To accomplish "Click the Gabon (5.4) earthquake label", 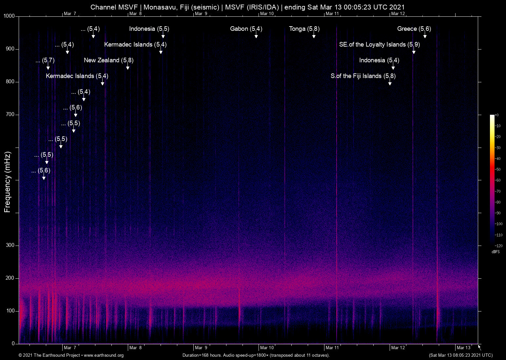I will coord(246,29).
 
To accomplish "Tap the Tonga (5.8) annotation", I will coord(304,29).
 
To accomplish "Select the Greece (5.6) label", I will coord(414,29).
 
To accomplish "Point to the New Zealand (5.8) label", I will coord(108,60).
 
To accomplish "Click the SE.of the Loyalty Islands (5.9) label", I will coord(379,45).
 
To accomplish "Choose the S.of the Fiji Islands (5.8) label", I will coord(363,76).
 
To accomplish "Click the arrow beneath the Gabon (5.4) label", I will coord(256,36).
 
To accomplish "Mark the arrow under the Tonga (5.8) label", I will coord(314,36).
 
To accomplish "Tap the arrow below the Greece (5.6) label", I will coord(425,36).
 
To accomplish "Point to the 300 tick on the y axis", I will coord(10,245).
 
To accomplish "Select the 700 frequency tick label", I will coord(10,114).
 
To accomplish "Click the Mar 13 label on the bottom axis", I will coord(463,348).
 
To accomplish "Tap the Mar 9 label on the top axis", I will coord(201,13).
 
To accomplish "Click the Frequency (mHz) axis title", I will coord(8,182).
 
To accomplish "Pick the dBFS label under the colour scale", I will coord(496,252).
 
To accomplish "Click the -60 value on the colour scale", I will coord(498,180).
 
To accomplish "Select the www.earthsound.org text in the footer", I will coord(104,355).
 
